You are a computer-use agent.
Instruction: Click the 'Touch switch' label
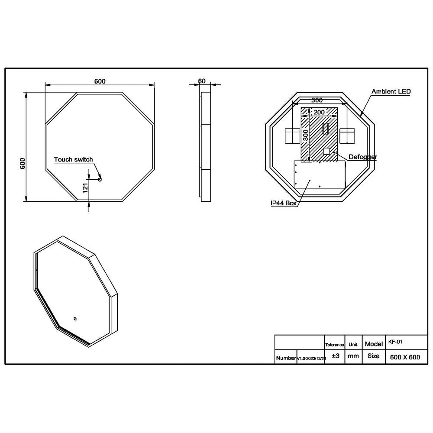click(73, 159)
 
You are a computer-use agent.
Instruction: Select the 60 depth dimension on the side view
click(202, 81)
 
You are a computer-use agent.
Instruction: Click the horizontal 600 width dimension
click(100, 81)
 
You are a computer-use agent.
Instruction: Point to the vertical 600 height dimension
click(23, 163)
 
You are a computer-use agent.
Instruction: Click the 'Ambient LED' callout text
click(391, 91)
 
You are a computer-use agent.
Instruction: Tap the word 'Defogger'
click(362, 157)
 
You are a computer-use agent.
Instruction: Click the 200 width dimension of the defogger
click(319, 112)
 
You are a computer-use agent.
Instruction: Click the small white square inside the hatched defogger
click(327, 151)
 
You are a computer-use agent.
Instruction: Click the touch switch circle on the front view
click(100, 178)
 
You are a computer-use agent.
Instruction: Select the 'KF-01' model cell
click(395, 342)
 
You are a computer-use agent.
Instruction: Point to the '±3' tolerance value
click(335, 356)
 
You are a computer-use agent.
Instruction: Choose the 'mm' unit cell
click(353, 356)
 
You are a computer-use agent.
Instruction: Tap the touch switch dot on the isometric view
click(75, 319)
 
